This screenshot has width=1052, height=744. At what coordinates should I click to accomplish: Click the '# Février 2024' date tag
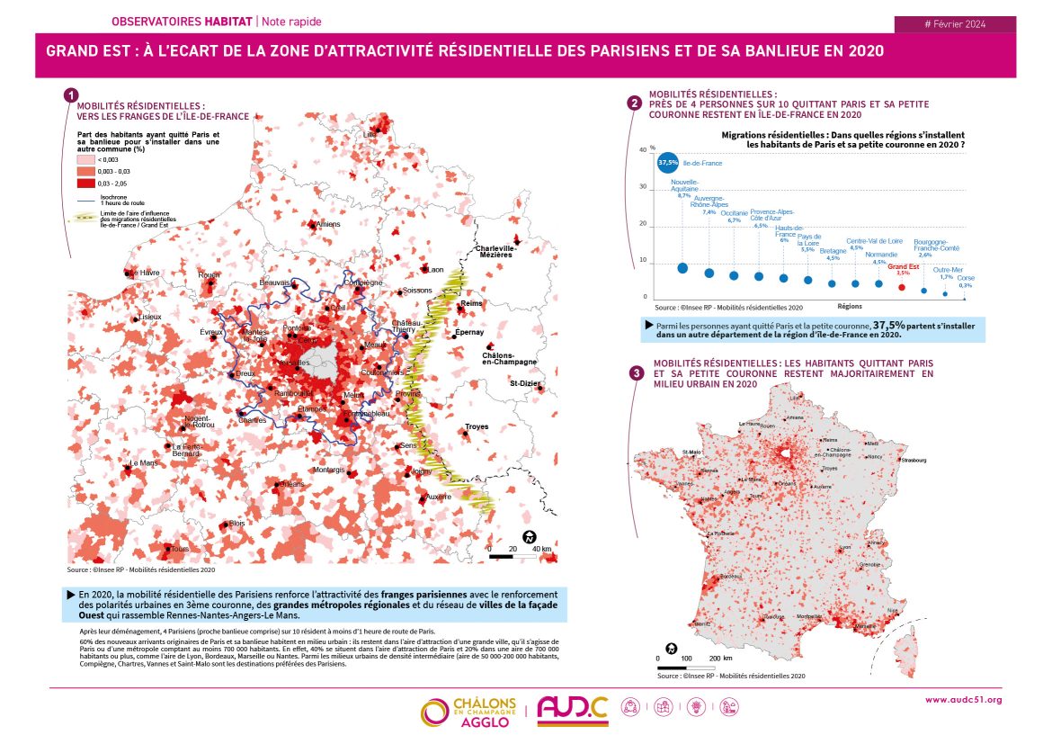tap(956, 24)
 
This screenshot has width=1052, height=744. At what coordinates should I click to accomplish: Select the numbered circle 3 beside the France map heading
tap(637, 373)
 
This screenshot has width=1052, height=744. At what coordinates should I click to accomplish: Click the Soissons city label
tap(417, 291)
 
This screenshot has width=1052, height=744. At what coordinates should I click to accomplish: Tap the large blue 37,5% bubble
tap(668, 163)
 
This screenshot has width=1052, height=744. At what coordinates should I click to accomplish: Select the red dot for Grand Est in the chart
tap(902, 287)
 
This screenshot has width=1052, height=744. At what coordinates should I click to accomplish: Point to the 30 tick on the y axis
tap(643, 187)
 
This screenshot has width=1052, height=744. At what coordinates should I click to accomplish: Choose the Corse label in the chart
tap(965, 279)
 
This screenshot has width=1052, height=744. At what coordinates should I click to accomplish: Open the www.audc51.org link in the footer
tap(963, 699)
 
